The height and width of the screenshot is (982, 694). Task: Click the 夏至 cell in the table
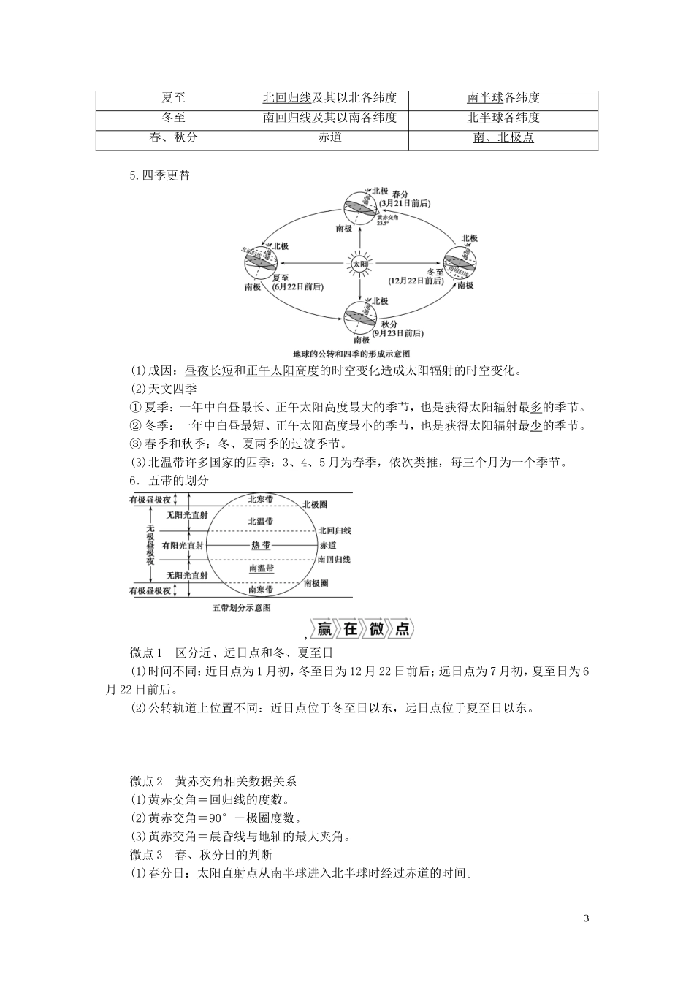(172, 98)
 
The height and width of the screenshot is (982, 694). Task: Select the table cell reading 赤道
(330, 137)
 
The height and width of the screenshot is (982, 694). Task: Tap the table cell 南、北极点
(503, 137)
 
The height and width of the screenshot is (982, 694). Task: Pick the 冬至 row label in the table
(172, 118)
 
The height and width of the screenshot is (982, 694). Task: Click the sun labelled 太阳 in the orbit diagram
(359, 263)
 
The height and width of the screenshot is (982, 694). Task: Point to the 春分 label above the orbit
(400, 194)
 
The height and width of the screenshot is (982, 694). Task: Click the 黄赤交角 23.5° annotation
(387, 220)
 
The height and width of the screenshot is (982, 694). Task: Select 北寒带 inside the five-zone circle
(261, 500)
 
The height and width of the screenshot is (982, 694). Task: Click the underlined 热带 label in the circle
(261, 545)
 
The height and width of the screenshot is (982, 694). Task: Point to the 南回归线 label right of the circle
(334, 560)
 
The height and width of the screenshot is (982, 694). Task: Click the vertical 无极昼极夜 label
(150, 544)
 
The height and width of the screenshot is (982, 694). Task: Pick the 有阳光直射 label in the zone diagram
(183, 545)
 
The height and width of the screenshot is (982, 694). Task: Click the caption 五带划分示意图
(241, 607)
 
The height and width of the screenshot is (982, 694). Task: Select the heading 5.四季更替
(159, 175)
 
